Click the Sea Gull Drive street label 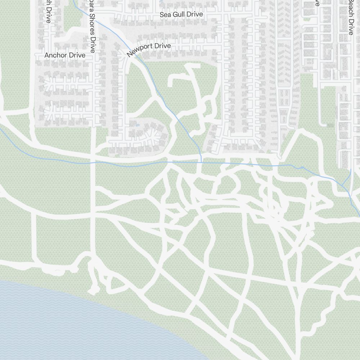coord(181,14)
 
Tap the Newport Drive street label coord(148,50)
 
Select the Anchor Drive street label coord(65,55)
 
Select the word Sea coord(165,14)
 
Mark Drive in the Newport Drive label coord(162,46)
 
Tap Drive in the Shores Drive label coord(93,45)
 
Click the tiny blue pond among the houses coord(137,126)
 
